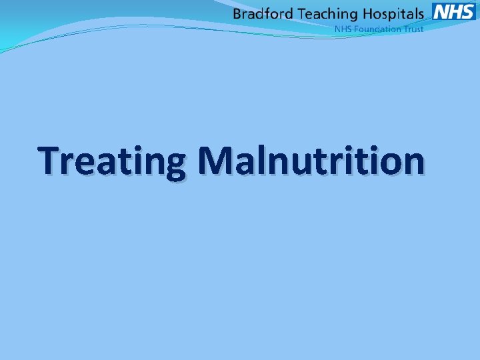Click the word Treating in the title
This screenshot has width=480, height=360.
coord(112,162)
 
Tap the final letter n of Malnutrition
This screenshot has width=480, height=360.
coord(411,163)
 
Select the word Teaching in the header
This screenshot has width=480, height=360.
coord(327,14)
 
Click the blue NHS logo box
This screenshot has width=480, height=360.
coord(453,11)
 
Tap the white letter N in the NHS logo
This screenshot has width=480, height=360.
coord(441,11)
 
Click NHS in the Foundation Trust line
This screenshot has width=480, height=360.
coord(343,29)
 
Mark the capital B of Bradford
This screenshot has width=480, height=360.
coord(237,13)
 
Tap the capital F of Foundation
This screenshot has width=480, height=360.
coord(357,29)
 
